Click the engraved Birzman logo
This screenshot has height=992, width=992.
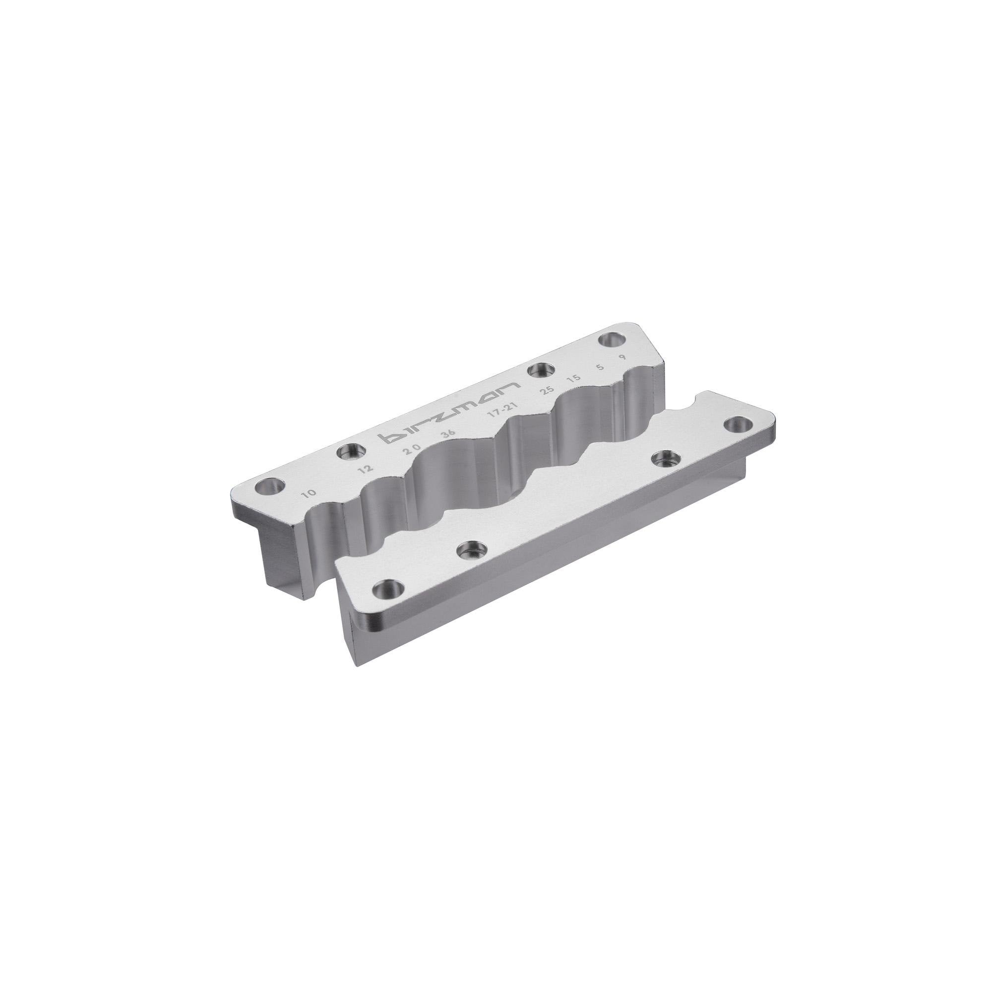(x=449, y=411)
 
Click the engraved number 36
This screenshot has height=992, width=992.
(x=448, y=433)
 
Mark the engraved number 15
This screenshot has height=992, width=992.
(x=573, y=379)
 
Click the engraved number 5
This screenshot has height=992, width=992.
(x=600, y=367)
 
